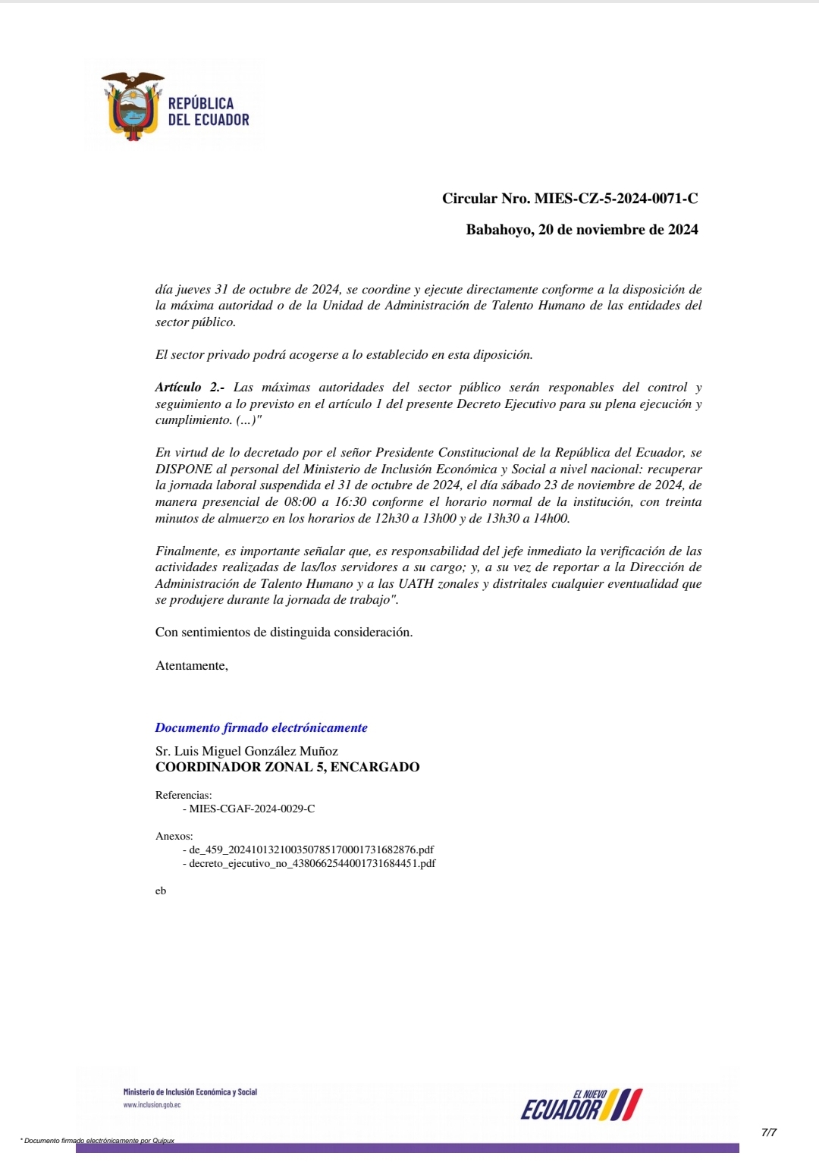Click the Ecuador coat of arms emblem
[133, 107]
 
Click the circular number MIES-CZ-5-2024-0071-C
[616, 199]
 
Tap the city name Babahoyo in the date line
[498, 230]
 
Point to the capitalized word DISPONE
[184, 470]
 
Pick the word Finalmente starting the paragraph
[187, 551]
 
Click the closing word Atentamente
[191, 666]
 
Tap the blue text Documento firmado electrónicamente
[261, 728]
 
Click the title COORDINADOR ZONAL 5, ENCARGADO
[287, 768]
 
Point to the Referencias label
[184, 796]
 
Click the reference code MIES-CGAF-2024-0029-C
[252, 809]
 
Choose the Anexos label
[174, 837]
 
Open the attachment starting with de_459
[311, 850]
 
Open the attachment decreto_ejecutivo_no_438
[312, 864]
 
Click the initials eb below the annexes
[161, 891]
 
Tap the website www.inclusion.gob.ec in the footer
[152, 1105]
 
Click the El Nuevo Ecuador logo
[582, 1105]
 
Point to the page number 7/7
[769, 1133]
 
